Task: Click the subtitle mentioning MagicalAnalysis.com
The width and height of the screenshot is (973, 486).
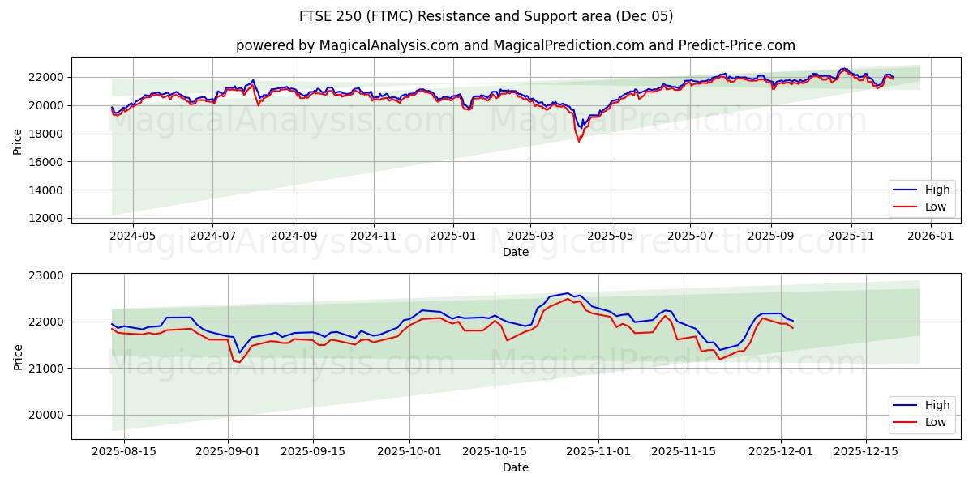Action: tap(515, 45)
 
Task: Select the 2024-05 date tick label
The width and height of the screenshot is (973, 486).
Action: tap(132, 235)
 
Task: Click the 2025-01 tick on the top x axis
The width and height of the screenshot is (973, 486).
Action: tap(452, 235)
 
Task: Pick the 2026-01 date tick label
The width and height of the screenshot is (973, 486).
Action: tap(930, 235)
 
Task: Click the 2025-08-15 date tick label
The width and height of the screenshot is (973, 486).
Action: tap(124, 451)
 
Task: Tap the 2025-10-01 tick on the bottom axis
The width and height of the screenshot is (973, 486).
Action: tap(410, 451)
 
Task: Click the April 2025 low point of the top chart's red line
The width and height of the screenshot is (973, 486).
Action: tap(579, 142)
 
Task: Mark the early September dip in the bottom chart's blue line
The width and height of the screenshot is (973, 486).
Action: tap(239, 352)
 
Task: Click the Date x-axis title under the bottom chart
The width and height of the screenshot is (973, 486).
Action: tap(515, 467)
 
